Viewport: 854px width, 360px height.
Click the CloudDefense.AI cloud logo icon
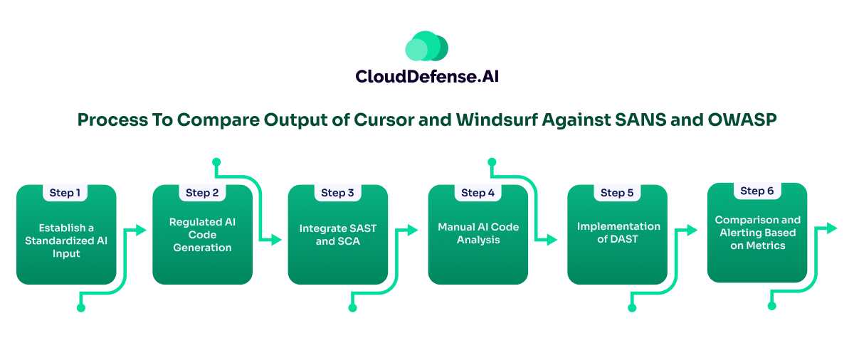tap(426, 46)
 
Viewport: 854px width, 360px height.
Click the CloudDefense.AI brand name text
tap(426, 77)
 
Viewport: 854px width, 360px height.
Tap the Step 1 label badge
tap(65, 193)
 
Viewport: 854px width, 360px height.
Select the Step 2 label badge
tap(202, 193)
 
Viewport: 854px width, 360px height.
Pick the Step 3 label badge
tap(337, 193)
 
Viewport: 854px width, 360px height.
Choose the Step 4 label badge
tap(478, 193)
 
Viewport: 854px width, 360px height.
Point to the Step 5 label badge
tap(617, 193)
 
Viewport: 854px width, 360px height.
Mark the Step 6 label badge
tap(757, 191)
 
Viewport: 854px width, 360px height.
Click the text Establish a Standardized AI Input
tap(65, 240)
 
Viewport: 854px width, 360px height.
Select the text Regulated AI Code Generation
tap(202, 235)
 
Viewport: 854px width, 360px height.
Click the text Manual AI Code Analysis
tap(478, 234)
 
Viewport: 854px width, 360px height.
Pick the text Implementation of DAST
tap(618, 233)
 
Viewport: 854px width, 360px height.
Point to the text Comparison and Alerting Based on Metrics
tap(757, 233)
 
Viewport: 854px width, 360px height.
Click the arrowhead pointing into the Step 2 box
tap(141, 230)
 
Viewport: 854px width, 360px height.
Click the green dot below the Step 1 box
tap(80, 307)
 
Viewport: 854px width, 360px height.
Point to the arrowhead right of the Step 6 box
tap(832, 228)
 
